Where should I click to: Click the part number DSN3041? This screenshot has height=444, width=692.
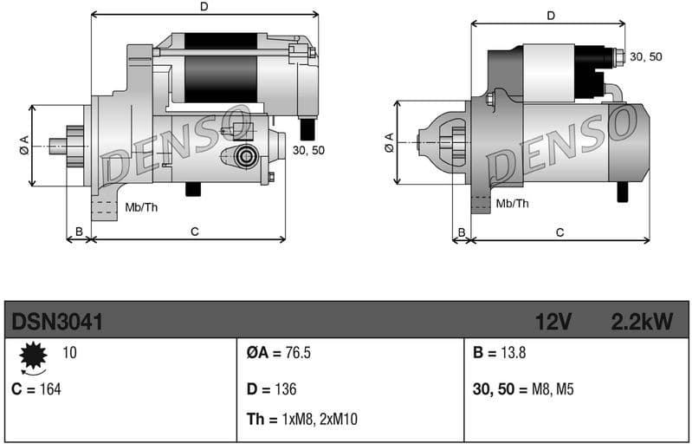[57, 323]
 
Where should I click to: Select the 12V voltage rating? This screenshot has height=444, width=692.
[553, 323]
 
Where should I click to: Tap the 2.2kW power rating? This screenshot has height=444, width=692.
[642, 323]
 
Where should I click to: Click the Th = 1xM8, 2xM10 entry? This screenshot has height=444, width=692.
[301, 420]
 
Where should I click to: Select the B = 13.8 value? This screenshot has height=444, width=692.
[500, 354]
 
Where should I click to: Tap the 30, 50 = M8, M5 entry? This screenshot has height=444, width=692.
[523, 388]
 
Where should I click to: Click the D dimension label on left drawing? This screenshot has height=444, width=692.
[204, 7]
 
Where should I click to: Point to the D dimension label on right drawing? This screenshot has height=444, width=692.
[551, 16]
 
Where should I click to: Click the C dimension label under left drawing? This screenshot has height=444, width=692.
[195, 231]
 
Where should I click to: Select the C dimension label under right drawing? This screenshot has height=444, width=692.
[559, 232]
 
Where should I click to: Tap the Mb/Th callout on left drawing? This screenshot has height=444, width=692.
[141, 206]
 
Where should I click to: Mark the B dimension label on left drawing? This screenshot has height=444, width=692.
[79, 231]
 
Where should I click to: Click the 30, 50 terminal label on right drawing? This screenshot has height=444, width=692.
[645, 56]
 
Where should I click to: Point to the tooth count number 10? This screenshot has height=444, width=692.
[69, 353]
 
